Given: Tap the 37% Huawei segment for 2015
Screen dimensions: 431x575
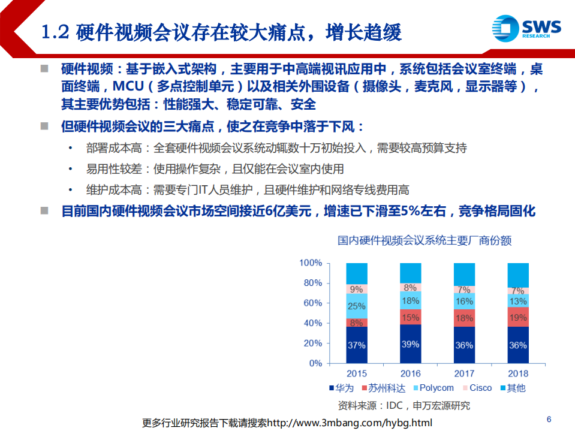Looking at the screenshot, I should pos(357,345).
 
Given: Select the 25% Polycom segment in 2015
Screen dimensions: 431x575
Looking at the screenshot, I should pos(357,306).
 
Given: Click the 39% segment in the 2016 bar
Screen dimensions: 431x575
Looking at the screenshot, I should pos(411,343).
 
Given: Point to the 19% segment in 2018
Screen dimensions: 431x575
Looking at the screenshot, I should pos(518,317).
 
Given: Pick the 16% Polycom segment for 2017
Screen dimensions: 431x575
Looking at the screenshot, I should pos(465,302).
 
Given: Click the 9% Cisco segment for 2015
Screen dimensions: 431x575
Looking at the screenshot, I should pos(357,289).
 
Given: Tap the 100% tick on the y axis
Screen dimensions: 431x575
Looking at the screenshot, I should pos(311,263).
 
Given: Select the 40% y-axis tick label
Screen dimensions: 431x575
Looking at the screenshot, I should pos(313,324).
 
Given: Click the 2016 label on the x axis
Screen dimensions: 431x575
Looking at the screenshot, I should pos(411,373).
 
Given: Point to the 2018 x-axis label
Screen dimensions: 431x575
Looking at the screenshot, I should pos(518,373).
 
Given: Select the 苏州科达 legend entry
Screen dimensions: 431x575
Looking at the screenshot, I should pos(384,388).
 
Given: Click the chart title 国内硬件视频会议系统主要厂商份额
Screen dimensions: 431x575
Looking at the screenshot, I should pos(425,241).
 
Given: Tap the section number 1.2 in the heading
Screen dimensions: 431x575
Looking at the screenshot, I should pos(56,32).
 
